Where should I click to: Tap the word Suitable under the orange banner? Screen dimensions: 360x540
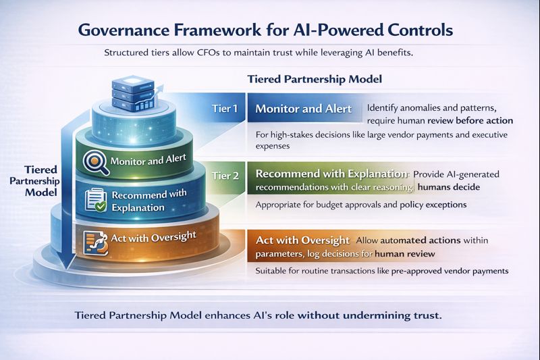pyautogui.click(x=273, y=271)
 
